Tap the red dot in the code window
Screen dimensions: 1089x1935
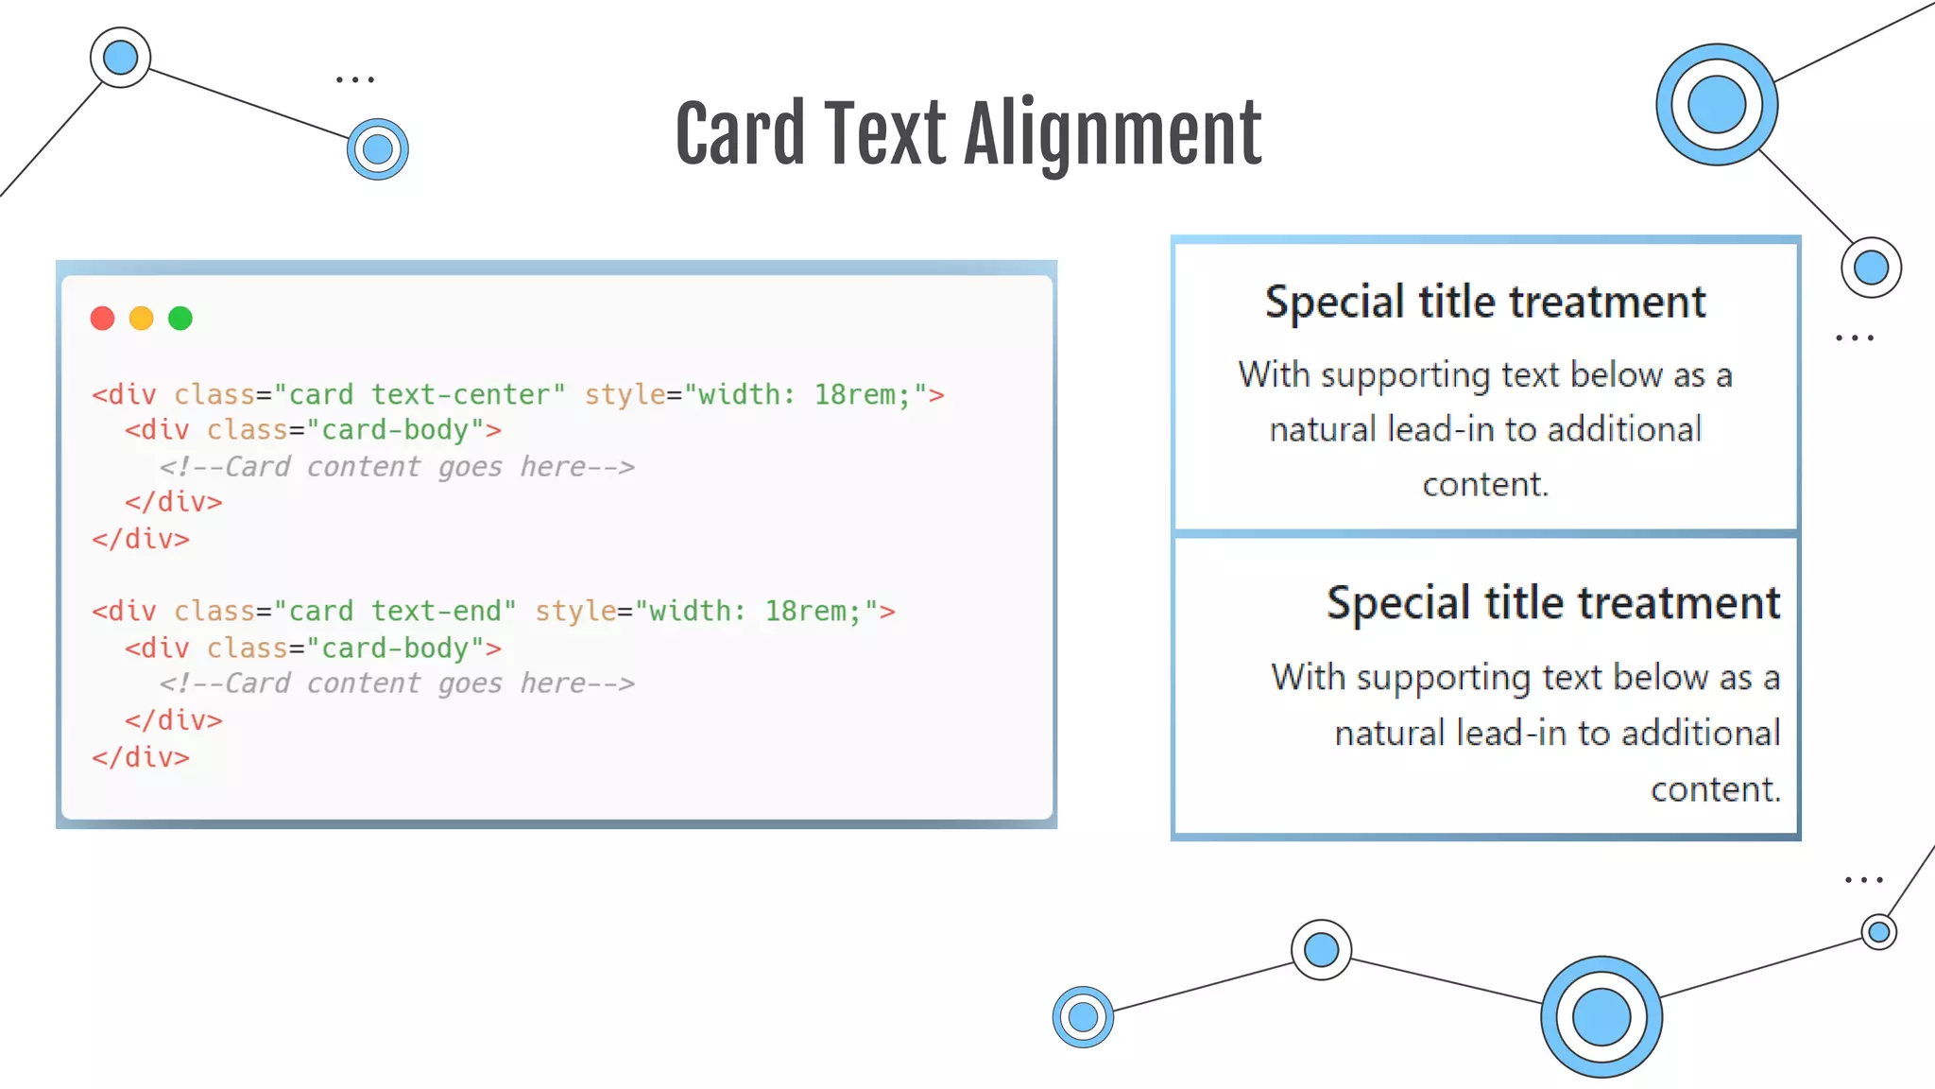[102, 319]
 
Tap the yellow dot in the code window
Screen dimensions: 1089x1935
[141, 319]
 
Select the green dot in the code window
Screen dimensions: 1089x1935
[180, 319]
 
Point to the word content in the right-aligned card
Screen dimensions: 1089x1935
[1714, 789]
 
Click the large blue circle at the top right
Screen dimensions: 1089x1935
[1716, 104]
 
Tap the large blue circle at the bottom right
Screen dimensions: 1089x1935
[1601, 1017]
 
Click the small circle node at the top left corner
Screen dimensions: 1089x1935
[120, 57]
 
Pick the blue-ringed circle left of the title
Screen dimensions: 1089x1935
[378, 149]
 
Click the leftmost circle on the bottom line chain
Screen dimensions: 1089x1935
[1083, 1017]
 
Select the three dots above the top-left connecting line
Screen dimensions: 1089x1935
[355, 80]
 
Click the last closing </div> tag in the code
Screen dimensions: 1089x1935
[141, 757]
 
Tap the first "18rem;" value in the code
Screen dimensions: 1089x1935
[862, 394]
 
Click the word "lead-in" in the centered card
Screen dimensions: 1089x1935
[1443, 430]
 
